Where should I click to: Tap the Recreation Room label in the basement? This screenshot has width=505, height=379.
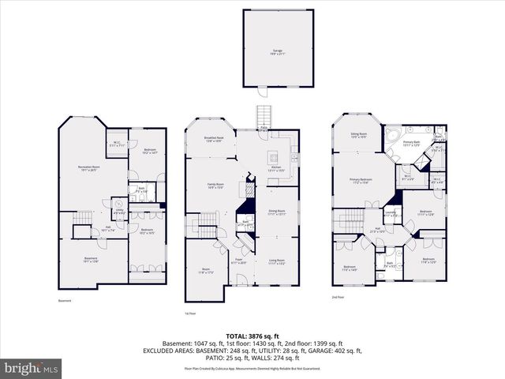(93, 169)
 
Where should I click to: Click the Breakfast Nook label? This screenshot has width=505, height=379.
(214, 140)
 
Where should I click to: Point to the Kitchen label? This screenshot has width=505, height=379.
(275, 169)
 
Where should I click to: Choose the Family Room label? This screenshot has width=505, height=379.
(217, 186)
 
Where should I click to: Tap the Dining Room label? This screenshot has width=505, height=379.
(275, 212)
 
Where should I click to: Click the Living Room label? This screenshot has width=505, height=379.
(276, 261)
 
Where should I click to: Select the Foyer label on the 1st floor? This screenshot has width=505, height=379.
(237, 261)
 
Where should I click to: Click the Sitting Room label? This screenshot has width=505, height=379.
(358, 135)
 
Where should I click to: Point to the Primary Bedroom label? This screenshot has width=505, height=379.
(361, 181)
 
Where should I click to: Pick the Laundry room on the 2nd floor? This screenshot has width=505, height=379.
(390, 213)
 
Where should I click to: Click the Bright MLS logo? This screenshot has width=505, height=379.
(32, 368)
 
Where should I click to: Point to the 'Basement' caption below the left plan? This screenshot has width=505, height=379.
(65, 301)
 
